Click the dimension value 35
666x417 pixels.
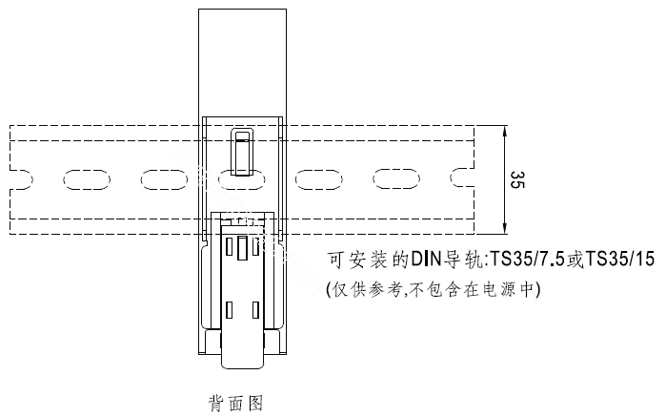click(517, 179)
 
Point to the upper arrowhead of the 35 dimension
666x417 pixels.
click(504, 131)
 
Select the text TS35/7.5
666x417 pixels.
click(528, 260)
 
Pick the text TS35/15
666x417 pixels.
click(620, 260)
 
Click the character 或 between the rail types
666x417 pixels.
click(575, 260)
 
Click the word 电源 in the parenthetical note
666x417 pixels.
click(499, 290)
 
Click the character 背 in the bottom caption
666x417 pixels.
click(216, 403)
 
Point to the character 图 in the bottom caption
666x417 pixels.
click(254, 403)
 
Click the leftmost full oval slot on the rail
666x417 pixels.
click(86, 179)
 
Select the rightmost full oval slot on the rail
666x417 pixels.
click(396, 179)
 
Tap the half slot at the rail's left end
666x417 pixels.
click(21, 179)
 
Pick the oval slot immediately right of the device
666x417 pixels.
click(318, 179)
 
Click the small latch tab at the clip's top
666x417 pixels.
click(242, 152)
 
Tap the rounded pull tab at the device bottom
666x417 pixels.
click(242, 350)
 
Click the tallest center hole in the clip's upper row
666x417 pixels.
click(242, 248)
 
